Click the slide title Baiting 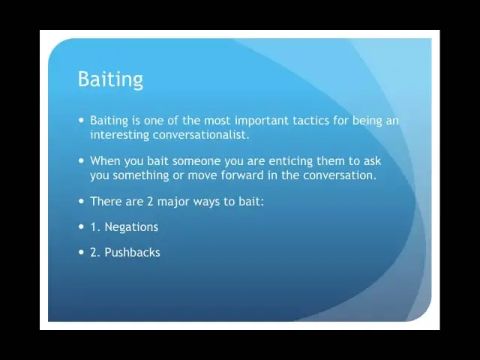tap(110, 79)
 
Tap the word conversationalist tap(201, 135)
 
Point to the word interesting tap(119, 135)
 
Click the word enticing tap(290, 161)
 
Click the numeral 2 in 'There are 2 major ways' tap(150, 202)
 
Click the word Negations tap(131, 227)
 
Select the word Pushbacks tap(132, 253)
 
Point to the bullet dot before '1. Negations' tap(81, 226)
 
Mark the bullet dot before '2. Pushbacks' tap(81, 252)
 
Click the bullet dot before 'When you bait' tap(81, 160)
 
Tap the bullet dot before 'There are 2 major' tap(81, 201)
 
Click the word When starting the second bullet tap(105, 161)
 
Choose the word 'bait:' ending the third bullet tap(251, 202)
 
